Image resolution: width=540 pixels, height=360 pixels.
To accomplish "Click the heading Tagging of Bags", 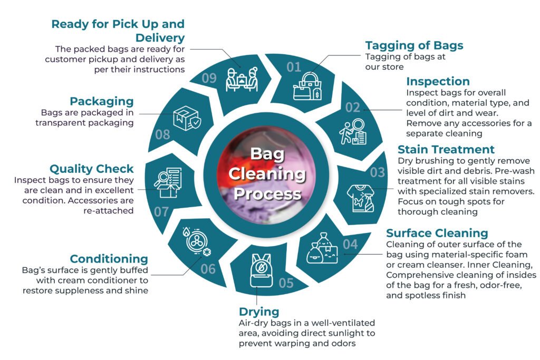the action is point(414,45).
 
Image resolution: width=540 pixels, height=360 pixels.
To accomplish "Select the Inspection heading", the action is point(438,81).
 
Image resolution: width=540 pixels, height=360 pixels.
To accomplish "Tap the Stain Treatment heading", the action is point(446,149).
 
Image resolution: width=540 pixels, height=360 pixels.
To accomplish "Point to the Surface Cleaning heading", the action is point(437,233).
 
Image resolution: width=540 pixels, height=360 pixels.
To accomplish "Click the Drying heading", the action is point(259,312).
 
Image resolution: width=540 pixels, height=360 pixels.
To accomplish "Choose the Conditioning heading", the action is point(109,259).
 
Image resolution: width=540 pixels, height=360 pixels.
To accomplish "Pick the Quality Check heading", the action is point(92,169).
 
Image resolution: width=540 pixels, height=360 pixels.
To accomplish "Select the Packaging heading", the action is point(102,102).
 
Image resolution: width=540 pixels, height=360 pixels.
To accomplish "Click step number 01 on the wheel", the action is point(294,67).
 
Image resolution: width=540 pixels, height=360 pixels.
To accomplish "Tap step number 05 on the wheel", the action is point(286,283).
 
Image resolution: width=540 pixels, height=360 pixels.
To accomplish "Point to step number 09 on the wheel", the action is point(209,78).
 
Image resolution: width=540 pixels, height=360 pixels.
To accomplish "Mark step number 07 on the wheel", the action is point(161,212).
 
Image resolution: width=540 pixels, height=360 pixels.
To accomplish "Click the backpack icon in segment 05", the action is point(261,270).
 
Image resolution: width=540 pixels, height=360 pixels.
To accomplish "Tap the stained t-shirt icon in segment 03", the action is point(360,198).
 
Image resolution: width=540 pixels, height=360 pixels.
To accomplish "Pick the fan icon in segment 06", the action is point(196,241).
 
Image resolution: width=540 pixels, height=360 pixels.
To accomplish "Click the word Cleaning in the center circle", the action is point(267,173).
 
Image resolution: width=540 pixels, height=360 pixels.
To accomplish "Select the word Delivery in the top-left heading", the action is point(160,37).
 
